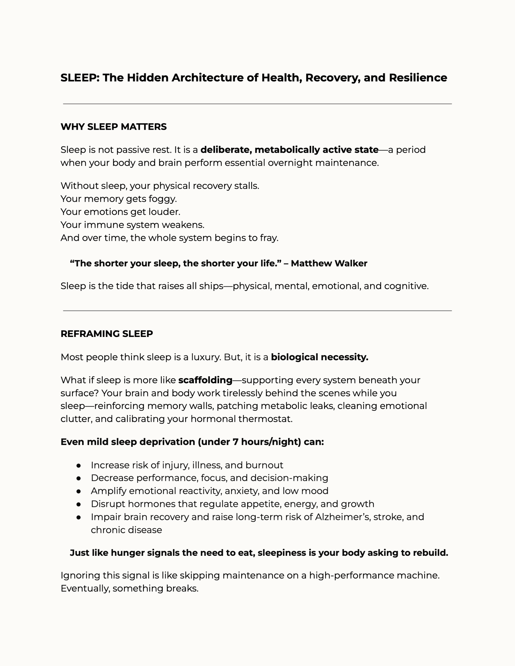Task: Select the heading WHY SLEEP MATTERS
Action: pyautogui.click(x=114, y=127)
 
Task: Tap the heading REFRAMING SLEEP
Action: pyautogui.click(x=107, y=334)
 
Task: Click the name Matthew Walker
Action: pyautogui.click(x=329, y=264)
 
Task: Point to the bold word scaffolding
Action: pyautogui.click(x=205, y=380)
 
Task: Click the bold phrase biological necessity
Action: pyautogui.click(x=319, y=357)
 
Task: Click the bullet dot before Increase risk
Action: pyautogui.click(x=79, y=466)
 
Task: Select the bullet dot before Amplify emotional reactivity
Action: pyautogui.click(x=79, y=491)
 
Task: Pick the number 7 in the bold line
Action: pyautogui.click(x=236, y=442)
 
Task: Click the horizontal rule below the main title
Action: pyautogui.click(x=257, y=104)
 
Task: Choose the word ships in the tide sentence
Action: pyautogui.click(x=211, y=286)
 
